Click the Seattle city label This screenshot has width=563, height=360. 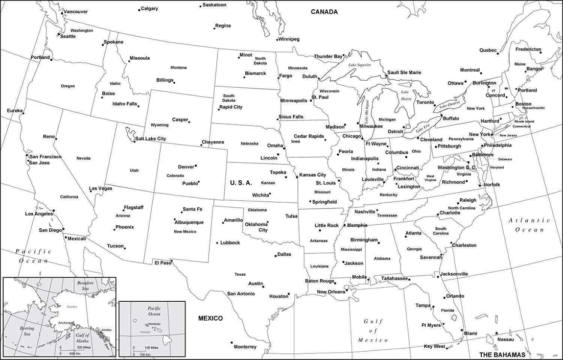pyautogui.click(x=68, y=36)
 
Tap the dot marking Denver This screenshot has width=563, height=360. pyautogui.click(x=196, y=166)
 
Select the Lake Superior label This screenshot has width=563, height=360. pyautogui.click(x=359, y=65)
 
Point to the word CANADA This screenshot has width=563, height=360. pyautogui.click(x=324, y=12)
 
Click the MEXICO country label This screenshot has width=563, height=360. pyautogui.click(x=210, y=318)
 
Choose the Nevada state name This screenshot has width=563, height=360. pyautogui.click(x=83, y=158)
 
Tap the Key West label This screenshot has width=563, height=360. pyautogui.click(x=434, y=347)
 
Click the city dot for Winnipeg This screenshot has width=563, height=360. pyautogui.click(x=276, y=39)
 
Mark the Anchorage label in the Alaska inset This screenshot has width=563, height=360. pyautogui.click(x=65, y=323)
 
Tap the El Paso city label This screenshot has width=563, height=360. pyautogui.click(x=162, y=263)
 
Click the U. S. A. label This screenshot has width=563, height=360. pyautogui.click(x=241, y=182)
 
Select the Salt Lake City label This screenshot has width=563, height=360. pyautogui.click(x=151, y=139)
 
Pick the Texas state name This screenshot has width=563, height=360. pyautogui.click(x=240, y=274)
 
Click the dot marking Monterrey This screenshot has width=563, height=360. pyautogui.click(x=231, y=343)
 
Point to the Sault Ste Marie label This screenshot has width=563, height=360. pyautogui.click(x=404, y=73)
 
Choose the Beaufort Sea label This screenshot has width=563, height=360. pyautogui.click(x=86, y=286)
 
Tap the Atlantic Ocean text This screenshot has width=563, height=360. pyautogui.click(x=529, y=225)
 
